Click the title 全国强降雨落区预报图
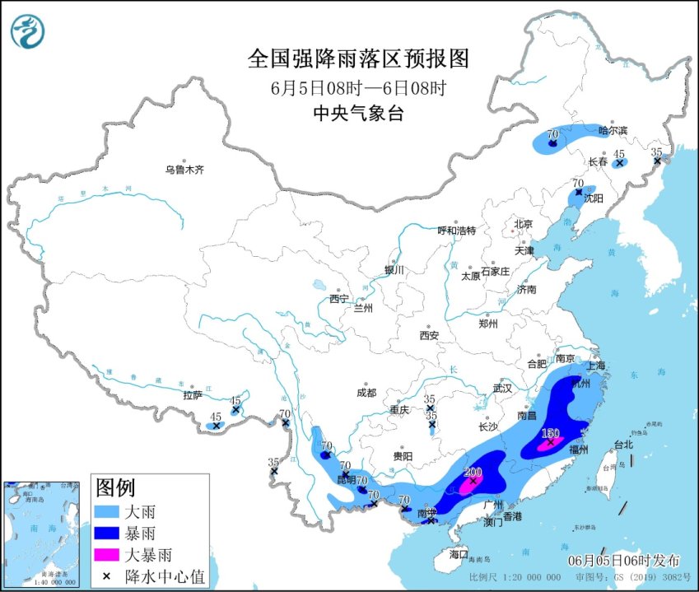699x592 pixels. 358,59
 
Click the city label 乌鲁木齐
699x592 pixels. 184,170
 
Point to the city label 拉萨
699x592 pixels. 193,395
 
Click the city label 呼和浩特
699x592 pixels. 456,231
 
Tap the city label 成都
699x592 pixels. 366,393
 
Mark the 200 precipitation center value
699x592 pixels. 473,473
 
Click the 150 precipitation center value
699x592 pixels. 550,433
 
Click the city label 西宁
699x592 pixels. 339,298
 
